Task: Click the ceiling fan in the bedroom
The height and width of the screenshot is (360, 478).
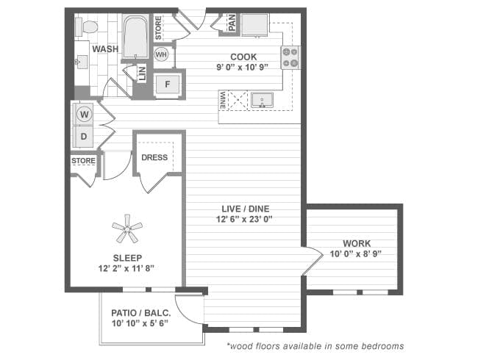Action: coord(127,228)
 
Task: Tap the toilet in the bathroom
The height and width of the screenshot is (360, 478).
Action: coord(89,27)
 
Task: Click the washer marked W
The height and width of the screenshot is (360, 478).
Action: coord(84,114)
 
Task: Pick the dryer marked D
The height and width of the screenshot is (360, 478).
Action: coord(84,136)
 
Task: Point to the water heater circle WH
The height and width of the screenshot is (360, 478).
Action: coord(162,55)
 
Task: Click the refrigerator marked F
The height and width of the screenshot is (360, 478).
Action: coord(168,84)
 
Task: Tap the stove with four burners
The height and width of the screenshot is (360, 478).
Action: coord(290,57)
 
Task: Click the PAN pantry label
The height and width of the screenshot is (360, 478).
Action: coord(231,25)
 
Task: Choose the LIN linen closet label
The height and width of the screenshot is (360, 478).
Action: coord(142,74)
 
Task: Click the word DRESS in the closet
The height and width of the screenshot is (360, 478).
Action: coord(154,157)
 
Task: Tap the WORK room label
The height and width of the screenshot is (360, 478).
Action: coord(357,243)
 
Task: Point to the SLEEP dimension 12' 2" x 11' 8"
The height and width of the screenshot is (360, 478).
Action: coord(127,267)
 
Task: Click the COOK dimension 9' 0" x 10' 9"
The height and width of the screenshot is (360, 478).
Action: coord(243,66)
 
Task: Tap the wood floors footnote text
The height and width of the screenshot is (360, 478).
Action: coord(315,345)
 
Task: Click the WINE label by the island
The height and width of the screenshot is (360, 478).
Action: coord(222,101)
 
